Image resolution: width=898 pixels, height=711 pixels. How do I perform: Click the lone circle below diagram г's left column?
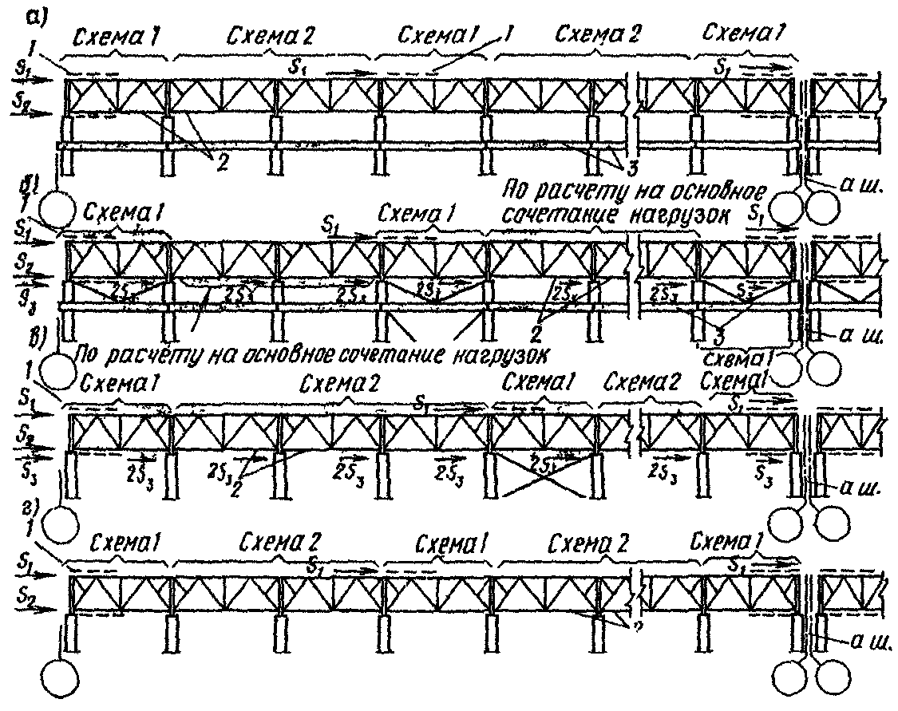(61, 681)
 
